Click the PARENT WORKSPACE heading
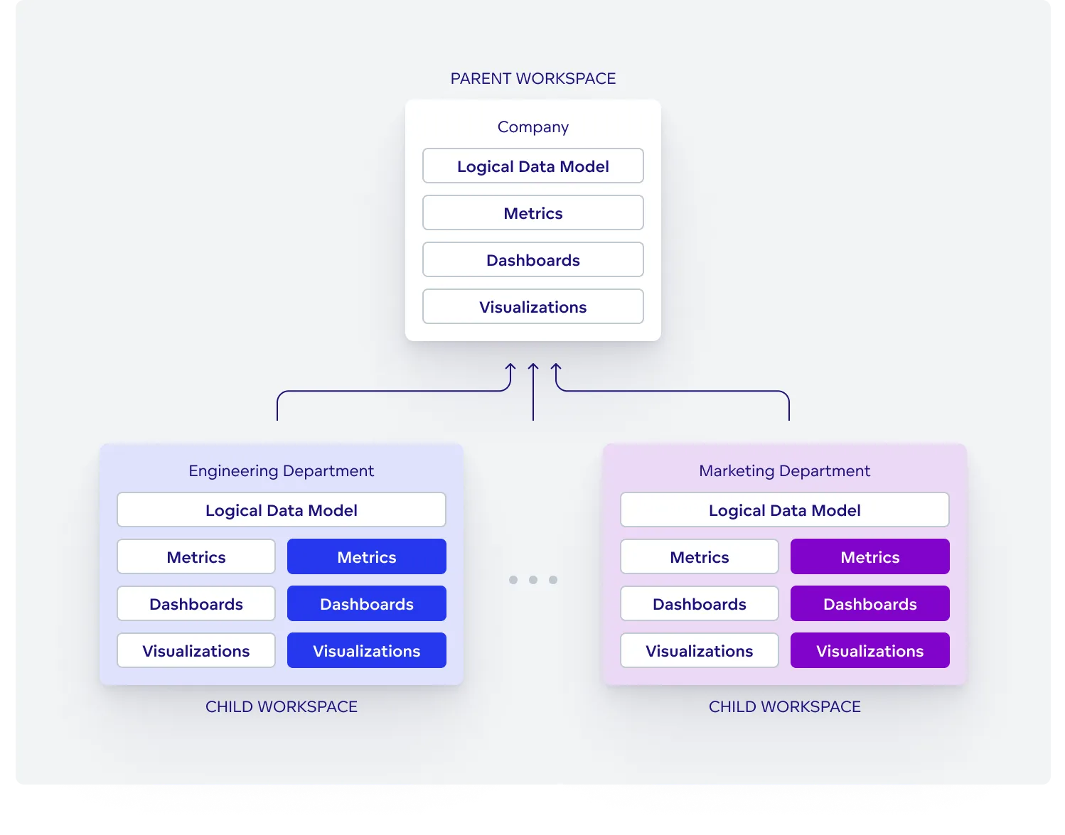[x=533, y=78]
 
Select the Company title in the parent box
[x=533, y=127]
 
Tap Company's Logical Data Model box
[x=533, y=166]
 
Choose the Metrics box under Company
[x=533, y=213]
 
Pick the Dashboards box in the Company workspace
[x=533, y=260]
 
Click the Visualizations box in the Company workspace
[x=533, y=307]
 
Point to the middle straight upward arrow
[x=533, y=391]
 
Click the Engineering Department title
[x=281, y=471]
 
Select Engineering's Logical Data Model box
[x=281, y=510]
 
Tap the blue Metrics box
[x=367, y=557]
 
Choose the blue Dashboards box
[x=367, y=604]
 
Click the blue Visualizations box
[x=367, y=651]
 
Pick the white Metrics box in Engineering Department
[x=196, y=557]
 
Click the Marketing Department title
[x=784, y=471]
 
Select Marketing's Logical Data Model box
[x=784, y=510]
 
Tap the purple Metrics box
[x=870, y=557]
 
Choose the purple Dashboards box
[x=870, y=604]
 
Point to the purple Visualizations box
[x=870, y=651]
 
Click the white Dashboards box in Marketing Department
[x=700, y=604]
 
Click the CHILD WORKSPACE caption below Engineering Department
[x=281, y=707]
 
